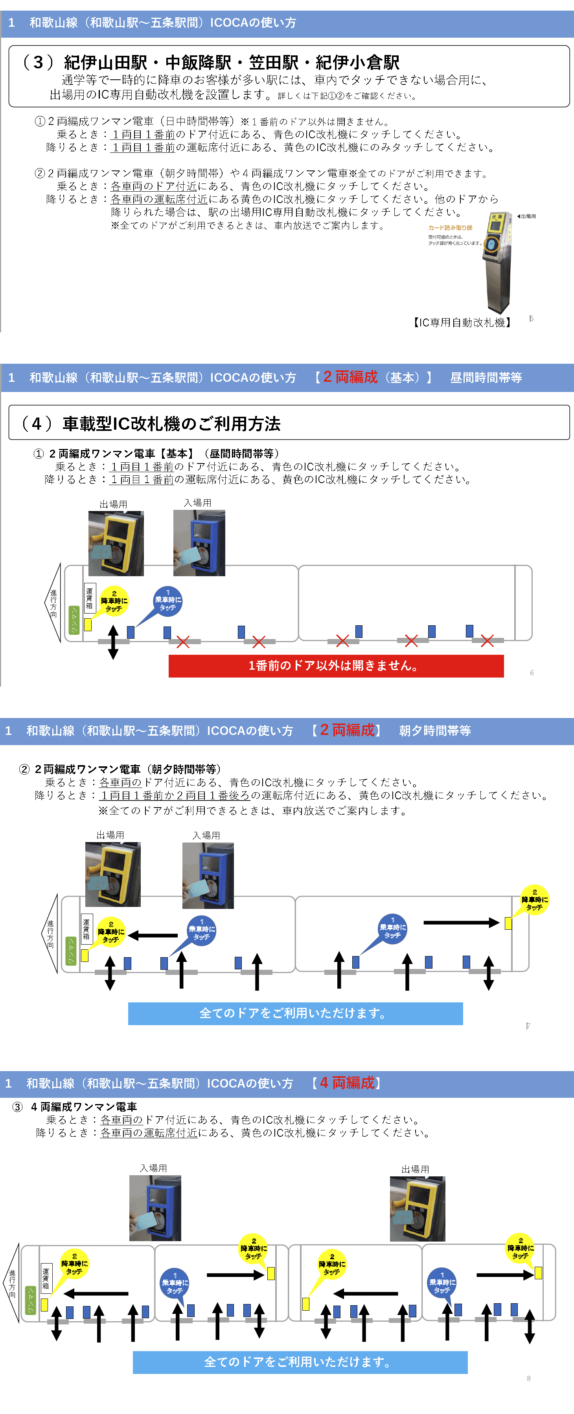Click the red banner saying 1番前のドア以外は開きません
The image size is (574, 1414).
[336, 666]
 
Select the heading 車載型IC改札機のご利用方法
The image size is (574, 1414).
[171, 424]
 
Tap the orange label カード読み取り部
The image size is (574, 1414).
[450, 228]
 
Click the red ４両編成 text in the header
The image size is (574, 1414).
[347, 1082]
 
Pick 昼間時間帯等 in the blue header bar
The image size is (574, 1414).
[486, 377]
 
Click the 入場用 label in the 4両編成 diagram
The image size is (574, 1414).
[153, 1168]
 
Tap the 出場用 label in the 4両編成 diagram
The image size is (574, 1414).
[415, 1169]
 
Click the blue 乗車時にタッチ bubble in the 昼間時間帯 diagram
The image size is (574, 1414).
[167, 602]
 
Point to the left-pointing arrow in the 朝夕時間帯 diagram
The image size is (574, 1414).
[153, 935]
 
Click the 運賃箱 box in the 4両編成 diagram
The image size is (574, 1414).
[46, 1278]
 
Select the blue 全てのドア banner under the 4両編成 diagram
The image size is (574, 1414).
[300, 1362]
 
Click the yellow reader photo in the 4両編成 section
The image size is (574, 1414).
[417, 1208]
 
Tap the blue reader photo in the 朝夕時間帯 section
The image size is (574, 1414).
[208, 876]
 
